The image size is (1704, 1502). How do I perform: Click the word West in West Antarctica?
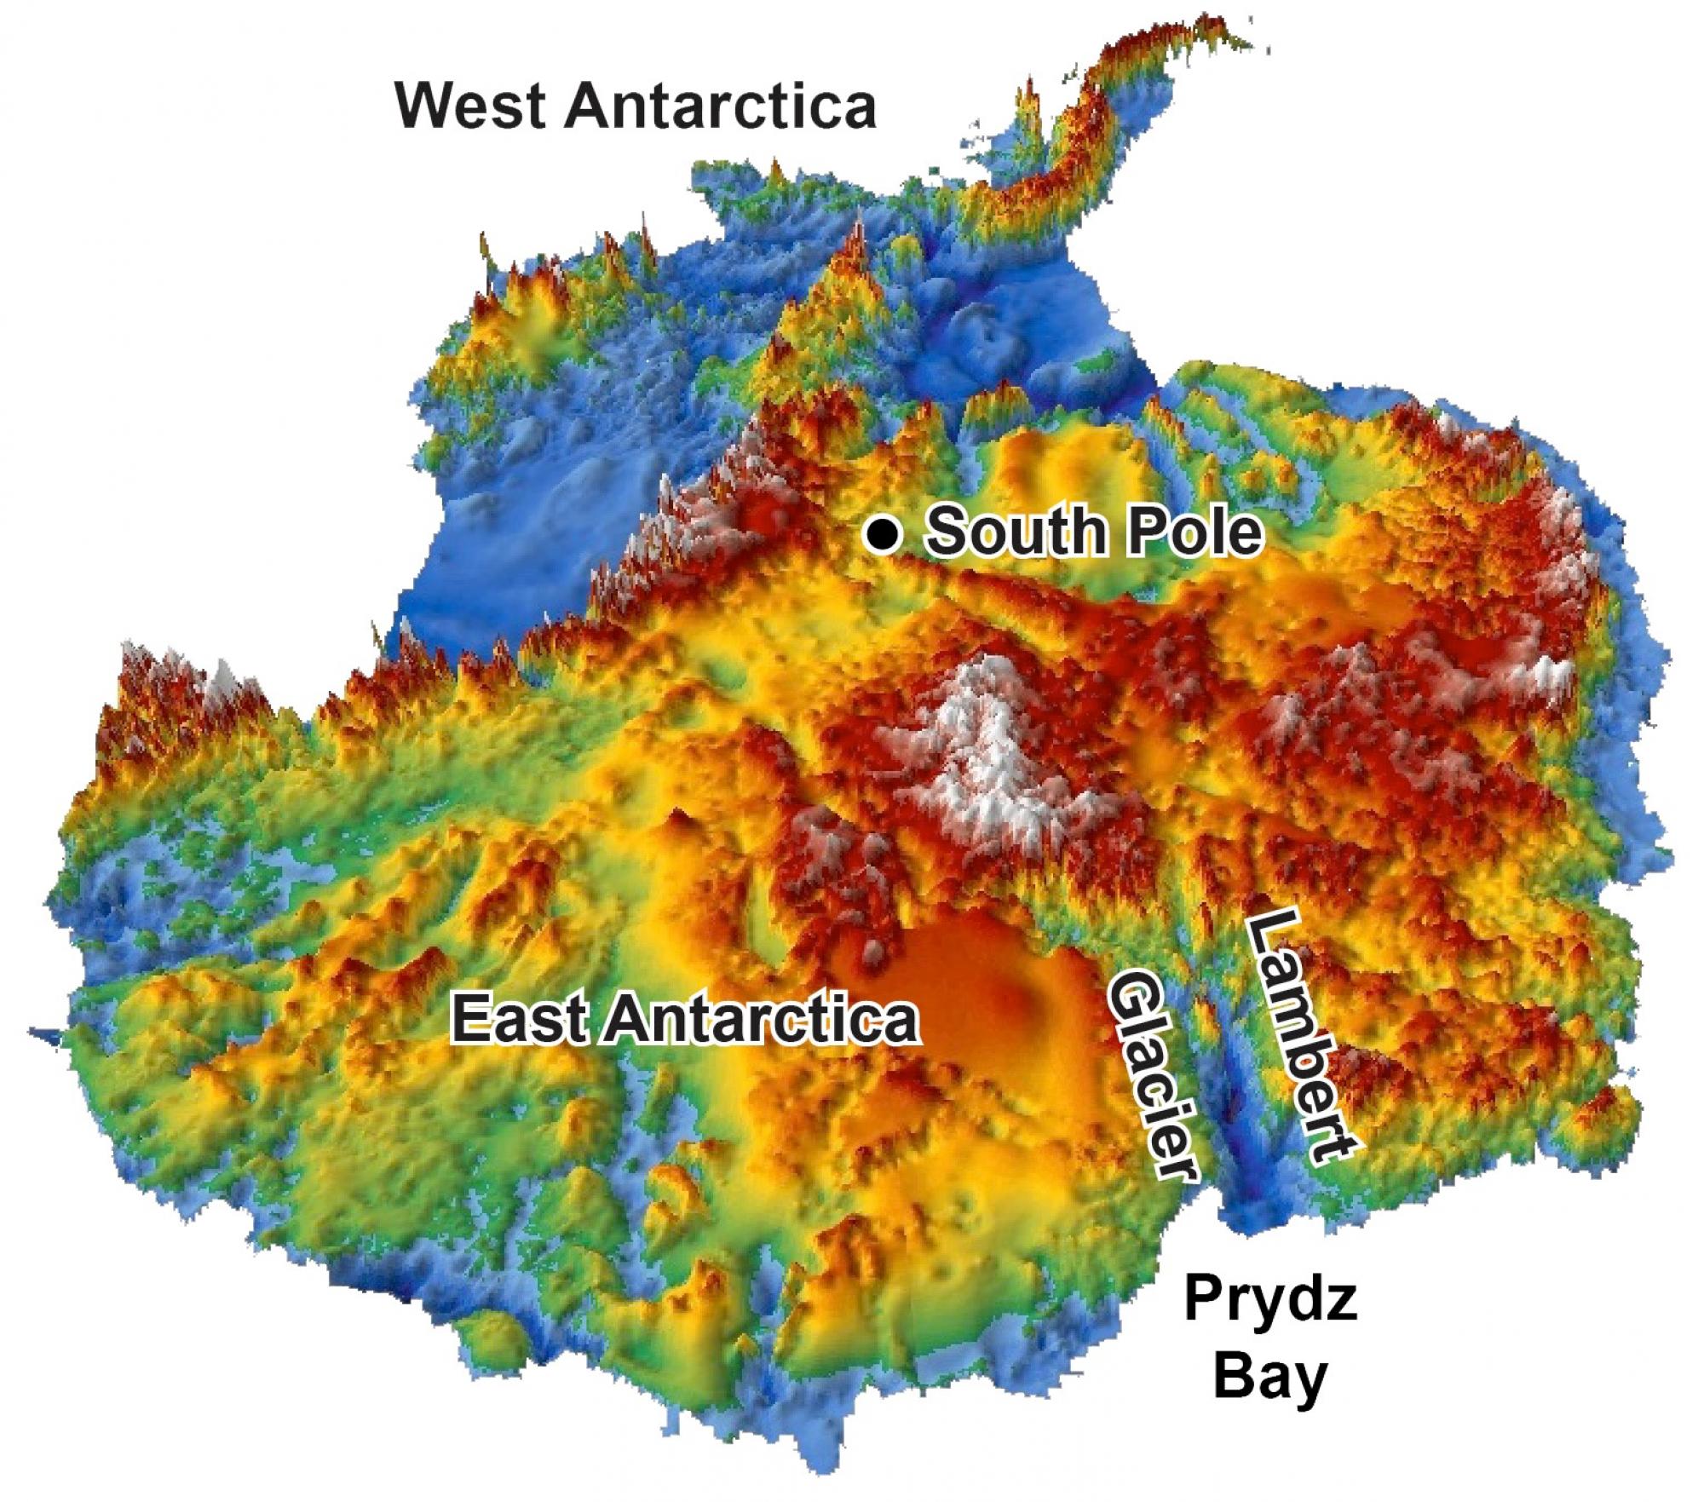tap(470, 106)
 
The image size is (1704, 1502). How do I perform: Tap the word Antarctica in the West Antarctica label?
tap(719, 106)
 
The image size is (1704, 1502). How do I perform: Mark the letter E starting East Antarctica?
tap(469, 1018)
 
